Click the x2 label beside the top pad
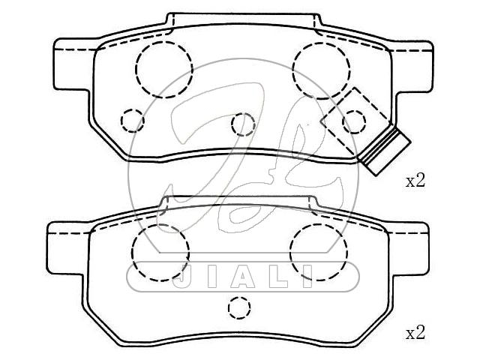click(x=415, y=181)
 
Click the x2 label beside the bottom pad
click(x=415, y=332)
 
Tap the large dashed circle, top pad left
click(x=164, y=70)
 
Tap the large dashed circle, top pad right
click(x=321, y=70)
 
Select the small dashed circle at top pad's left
click(x=133, y=121)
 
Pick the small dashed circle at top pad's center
click(x=243, y=124)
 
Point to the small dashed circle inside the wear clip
click(x=354, y=122)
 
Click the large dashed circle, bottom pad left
click(x=160, y=253)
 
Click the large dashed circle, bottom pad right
click(x=318, y=252)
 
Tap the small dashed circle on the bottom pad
click(x=239, y=307)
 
